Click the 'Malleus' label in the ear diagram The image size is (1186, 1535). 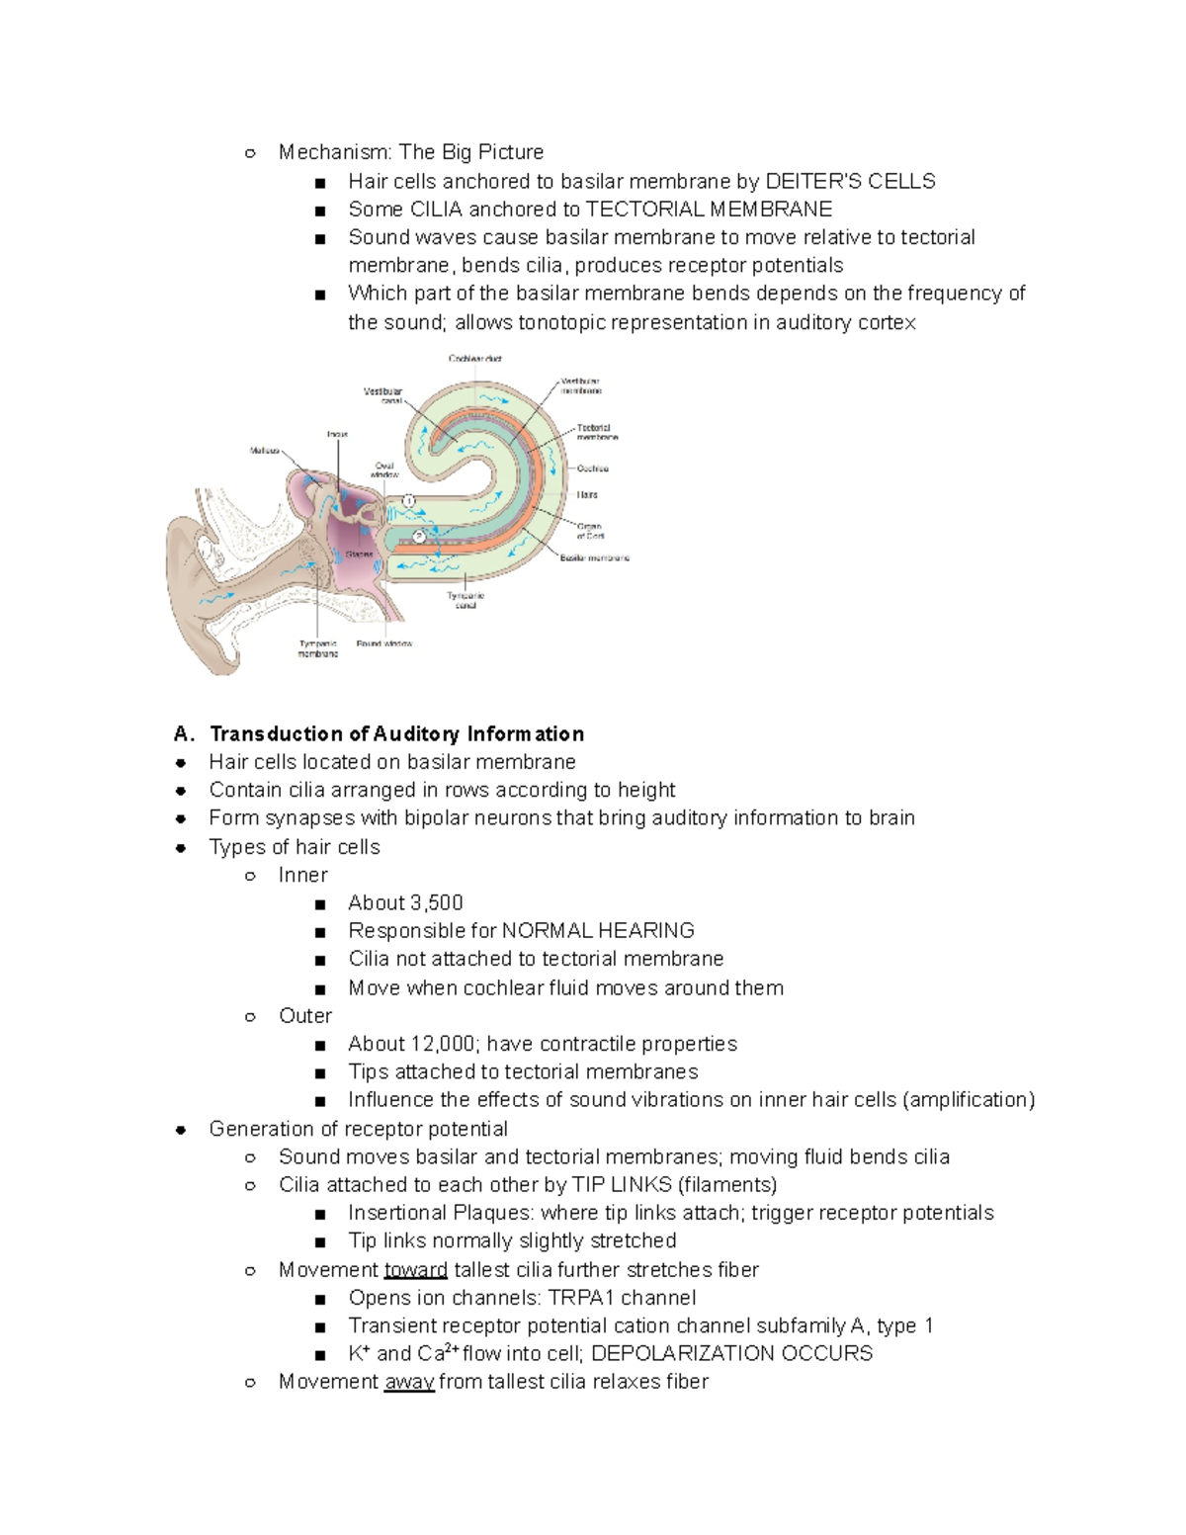pos(264,450)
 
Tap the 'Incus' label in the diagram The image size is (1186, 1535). pos(337,434)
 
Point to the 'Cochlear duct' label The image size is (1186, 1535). pos(475,359)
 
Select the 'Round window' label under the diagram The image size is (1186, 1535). pos(384,643)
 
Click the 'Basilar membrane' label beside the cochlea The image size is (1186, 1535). pos(595,558)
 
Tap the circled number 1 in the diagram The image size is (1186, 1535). pos(408,501)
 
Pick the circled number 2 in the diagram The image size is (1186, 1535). pos(419,536)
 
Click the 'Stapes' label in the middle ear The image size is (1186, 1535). pos(359,554)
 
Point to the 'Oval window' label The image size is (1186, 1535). pos(384,469)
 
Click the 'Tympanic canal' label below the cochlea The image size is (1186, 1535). pos(466,600)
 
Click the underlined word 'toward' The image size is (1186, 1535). pos(415,1269)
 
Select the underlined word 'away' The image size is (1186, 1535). pos(409,1382)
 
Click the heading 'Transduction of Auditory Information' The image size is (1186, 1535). pos(396,733)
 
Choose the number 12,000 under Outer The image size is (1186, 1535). pos(444,1044)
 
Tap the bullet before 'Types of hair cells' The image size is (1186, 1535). pos(181,847)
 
